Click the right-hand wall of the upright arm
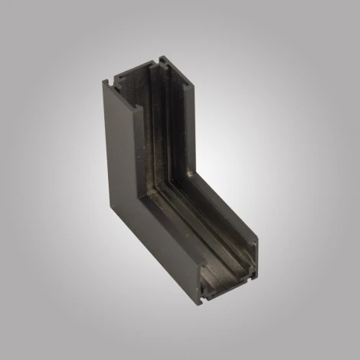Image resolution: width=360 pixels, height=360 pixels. [x=184, y=115]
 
